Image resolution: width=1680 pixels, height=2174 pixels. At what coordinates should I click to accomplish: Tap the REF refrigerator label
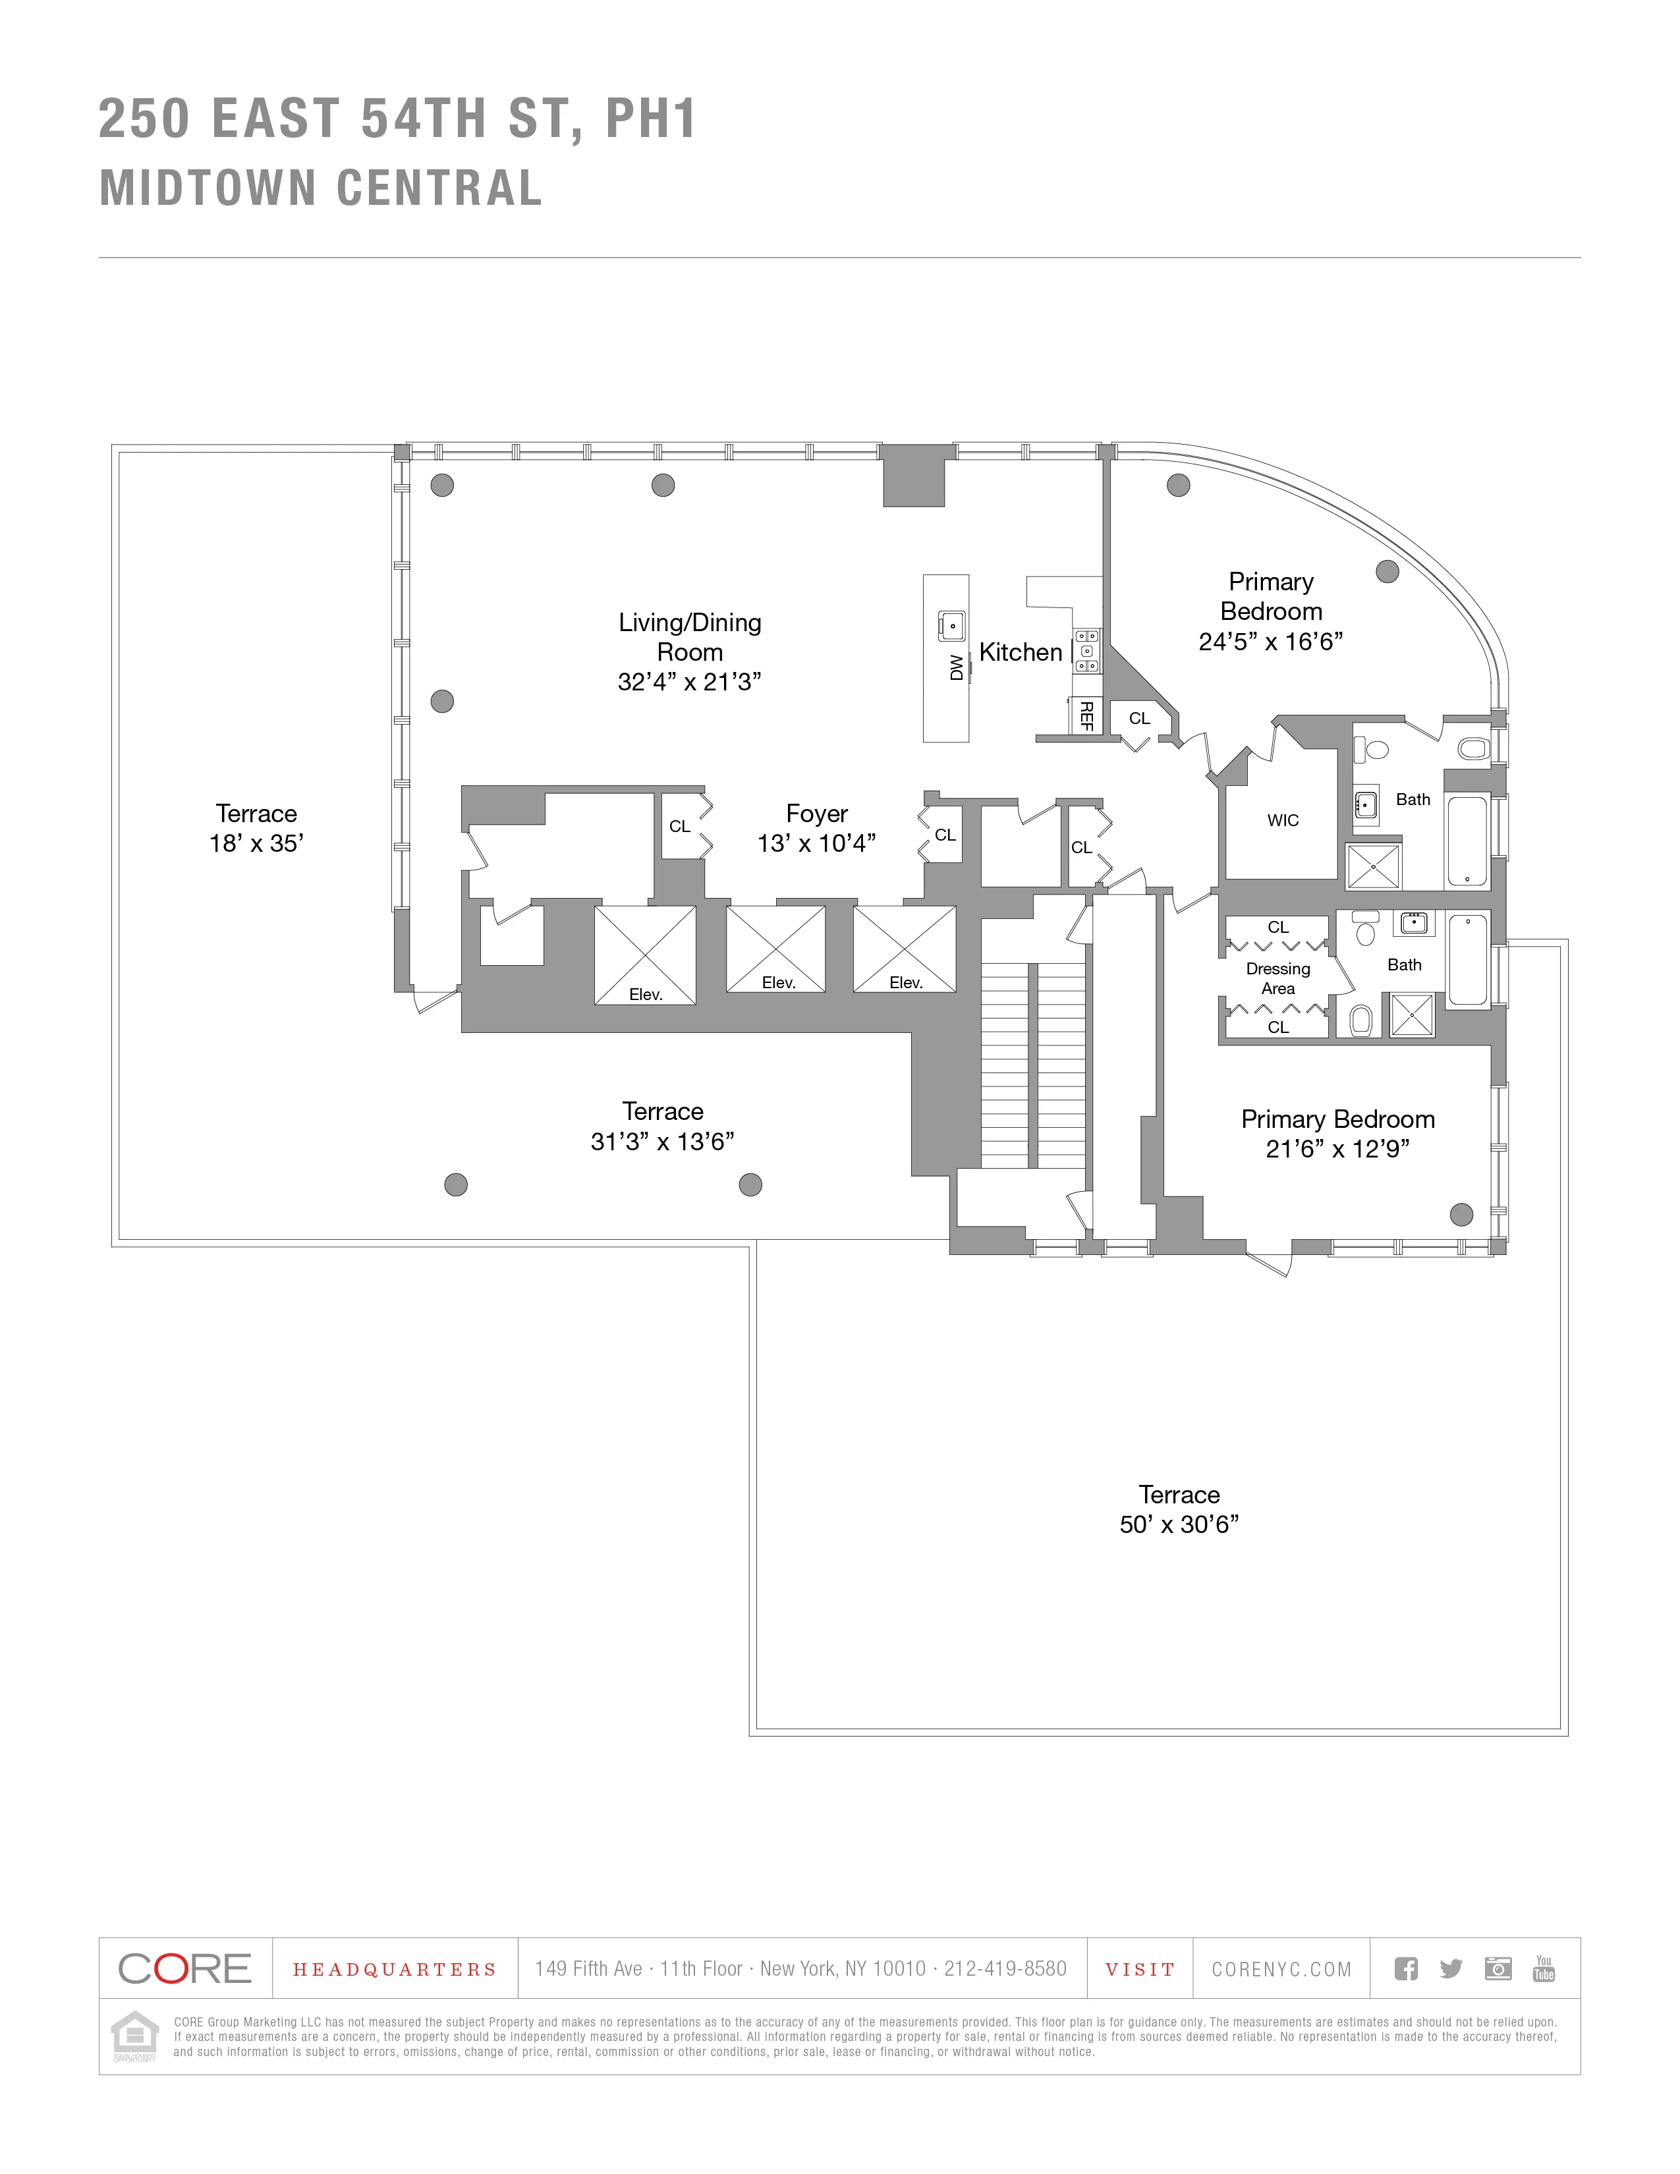pos(1087,715)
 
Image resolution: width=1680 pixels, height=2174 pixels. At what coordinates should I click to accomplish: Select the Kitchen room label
pos(1020,652)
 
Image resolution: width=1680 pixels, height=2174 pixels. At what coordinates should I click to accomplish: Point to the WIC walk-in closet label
pos(1283,820)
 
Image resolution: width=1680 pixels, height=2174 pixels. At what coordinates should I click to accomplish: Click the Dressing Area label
pos(1278,978)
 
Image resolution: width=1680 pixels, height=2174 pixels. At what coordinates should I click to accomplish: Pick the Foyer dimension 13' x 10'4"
pos(816,843)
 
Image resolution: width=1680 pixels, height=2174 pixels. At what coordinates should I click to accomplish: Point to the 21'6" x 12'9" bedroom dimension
pos(1337,1149)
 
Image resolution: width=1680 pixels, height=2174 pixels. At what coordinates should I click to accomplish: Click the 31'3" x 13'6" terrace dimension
pos(662,1141)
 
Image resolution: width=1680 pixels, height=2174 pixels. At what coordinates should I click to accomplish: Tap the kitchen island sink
pos(951,626)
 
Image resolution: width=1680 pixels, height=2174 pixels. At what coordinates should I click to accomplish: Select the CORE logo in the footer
pos(185,1968)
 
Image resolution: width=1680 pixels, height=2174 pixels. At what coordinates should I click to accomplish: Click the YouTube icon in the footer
pos(1544,1968)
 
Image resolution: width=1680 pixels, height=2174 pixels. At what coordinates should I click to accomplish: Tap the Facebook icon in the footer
pos(1405,1968)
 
